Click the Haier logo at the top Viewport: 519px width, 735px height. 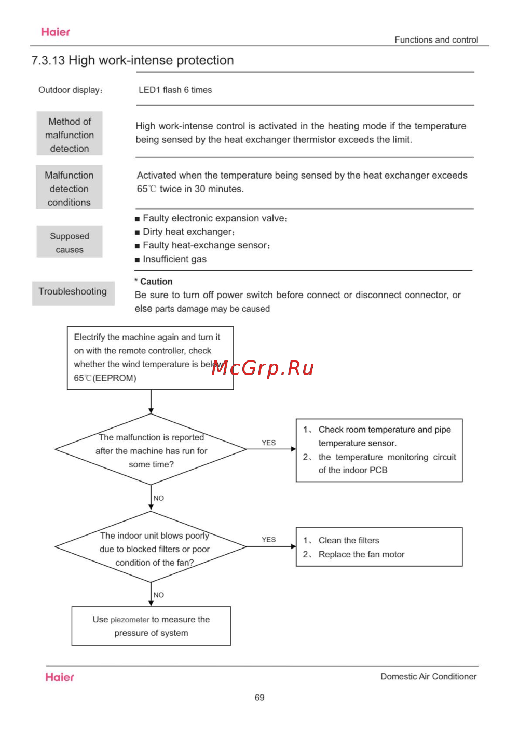click(55, 32)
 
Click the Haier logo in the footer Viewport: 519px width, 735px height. click(59, 677)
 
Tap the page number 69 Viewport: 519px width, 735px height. click(259, 698)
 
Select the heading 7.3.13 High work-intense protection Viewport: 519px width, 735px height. click(132, 60)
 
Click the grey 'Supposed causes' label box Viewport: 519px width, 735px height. click(70, 242)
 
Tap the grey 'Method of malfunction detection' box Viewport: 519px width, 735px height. click(70, 134)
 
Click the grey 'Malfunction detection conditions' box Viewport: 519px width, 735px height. click(69, 188)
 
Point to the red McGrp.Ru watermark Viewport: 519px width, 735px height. click(263, 368)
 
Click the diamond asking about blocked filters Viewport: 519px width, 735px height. click(151, 547)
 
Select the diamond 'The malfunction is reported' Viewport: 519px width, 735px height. click(151, 450)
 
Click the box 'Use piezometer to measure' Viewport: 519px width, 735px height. click(151, 626)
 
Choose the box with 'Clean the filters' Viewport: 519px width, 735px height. click(379, 547)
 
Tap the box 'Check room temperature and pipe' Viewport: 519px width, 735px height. click(379, 450)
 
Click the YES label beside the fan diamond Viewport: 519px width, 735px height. click(269, 540)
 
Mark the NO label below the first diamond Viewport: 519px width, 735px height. click(159, 498)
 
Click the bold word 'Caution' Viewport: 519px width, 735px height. click(156, 282)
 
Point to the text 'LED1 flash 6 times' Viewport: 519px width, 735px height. click(175, 90)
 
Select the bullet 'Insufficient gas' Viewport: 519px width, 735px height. click(174, 259)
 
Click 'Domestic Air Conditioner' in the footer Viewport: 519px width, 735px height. click(428, 676)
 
